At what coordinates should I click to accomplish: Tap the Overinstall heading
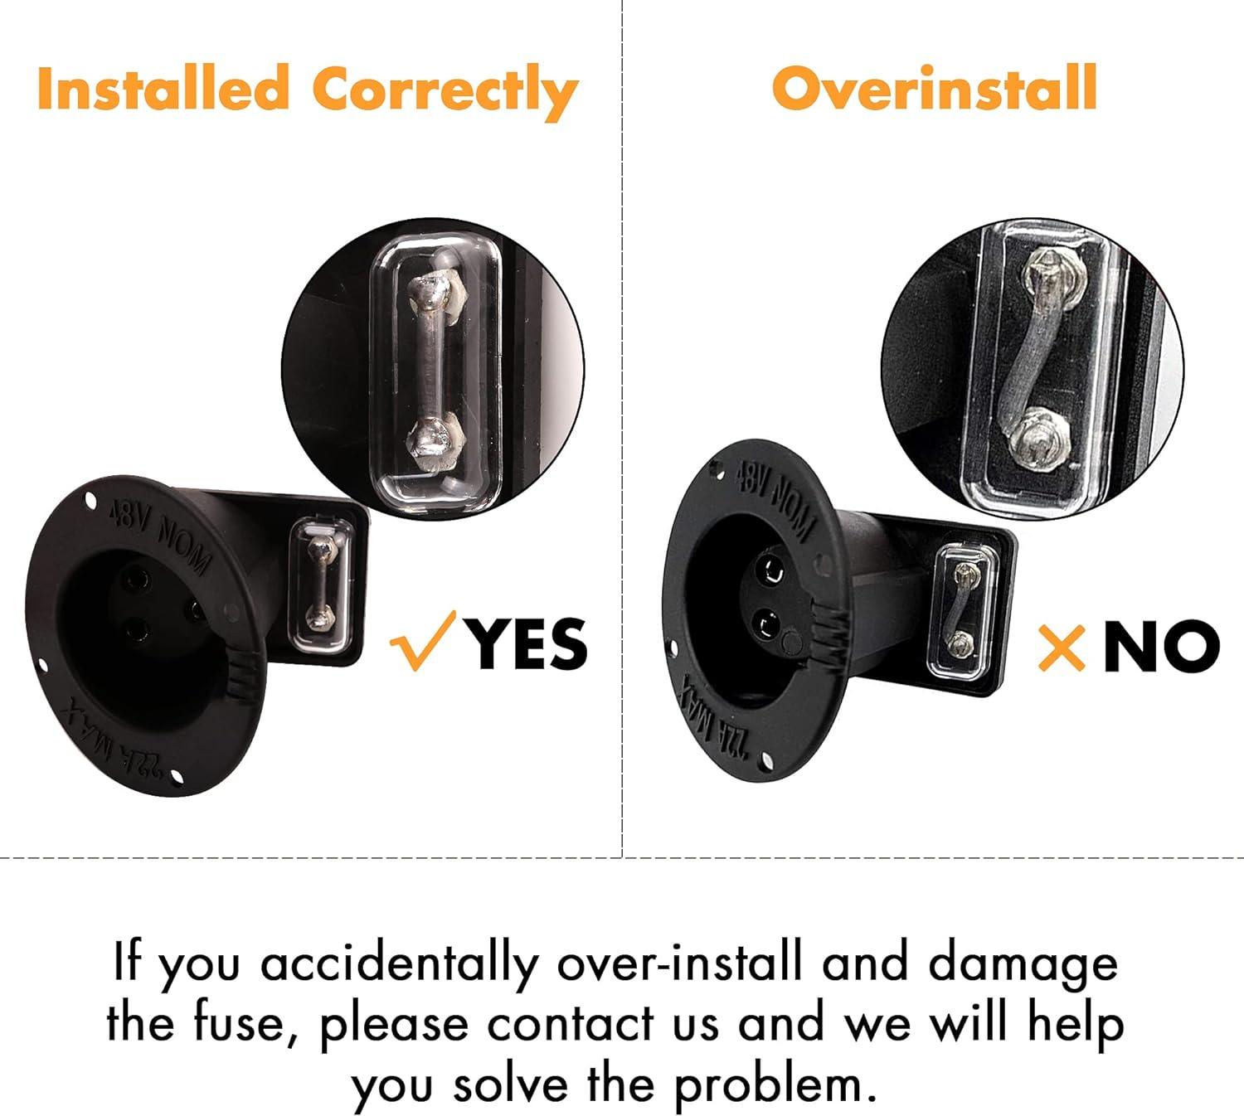pyautogui.click(x=934, y=88)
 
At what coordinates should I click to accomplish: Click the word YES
pyautogui.click(x=531, y=643)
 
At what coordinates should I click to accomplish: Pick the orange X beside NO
pyautogui.click(x=1061, y=647)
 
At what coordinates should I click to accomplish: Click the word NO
pyautogui.click(x=1161, y=646)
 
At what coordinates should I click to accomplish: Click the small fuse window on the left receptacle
pyautogui.click(x=320, y=585)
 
